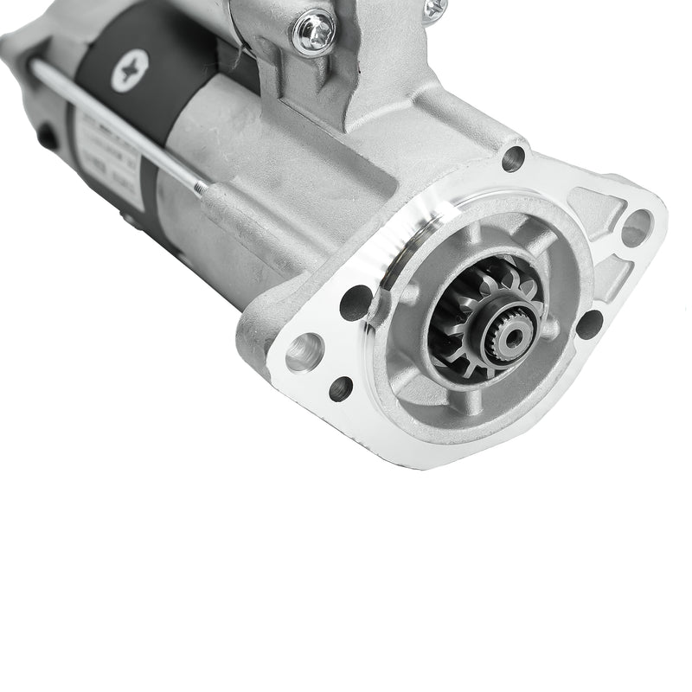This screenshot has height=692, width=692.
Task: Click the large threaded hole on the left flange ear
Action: (x=300, y=351)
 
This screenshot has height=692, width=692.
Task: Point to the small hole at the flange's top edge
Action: (x=514, y=158)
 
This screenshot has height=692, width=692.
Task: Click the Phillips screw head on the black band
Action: (x=131, y=71)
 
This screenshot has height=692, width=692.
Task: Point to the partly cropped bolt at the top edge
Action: (x=432, y=7)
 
